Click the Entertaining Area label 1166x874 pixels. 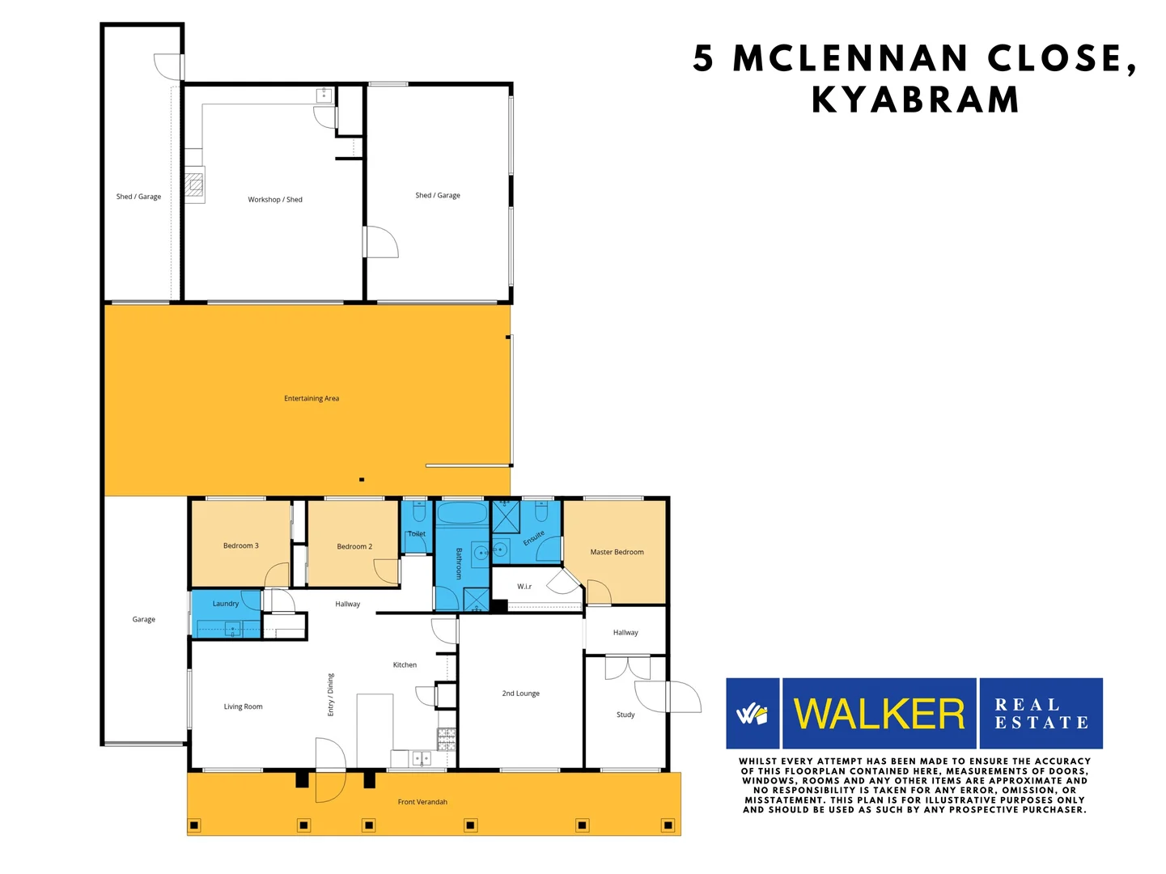pyautogui.click(x=312, y=398)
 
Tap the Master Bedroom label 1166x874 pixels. pyautogui.click(x=617, y=552)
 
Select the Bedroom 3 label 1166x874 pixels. pyautogui.click(x=240, y=545)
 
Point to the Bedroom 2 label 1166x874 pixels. pyautogui.click(x=354, y=546)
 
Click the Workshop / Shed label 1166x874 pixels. pyautogui.click(x=275, y=199)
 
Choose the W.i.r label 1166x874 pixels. pyautogui.click(x=524, y=586)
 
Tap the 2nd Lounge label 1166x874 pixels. pyautogui.click(x=520, y=694)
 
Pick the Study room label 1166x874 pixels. pyautogui.click(x=625, y=715)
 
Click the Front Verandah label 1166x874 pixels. pyautogui.click(x=422, y=802)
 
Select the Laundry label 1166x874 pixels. pyautogui.click(x=225, y=604)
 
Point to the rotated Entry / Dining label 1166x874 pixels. pyautogui.click(x=330, y=694)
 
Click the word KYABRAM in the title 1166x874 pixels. pyautogui.click(x=915, y=100)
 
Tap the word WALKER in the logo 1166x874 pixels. pyautogui.click(x=879, y=714)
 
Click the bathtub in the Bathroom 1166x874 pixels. pyautogui.click(x=462, y=514)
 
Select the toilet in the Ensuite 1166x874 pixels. pyautogui.click(x=541, y=511)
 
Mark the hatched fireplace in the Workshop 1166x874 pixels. pyautogui.click(x=194, y=185)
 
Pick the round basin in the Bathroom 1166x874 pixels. pyautogui.click(x=481, y=553)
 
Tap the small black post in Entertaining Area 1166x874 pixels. pyautogui.click(x=362, y=480)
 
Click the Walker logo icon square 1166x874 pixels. pyautogui.click(x=753, y=714)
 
